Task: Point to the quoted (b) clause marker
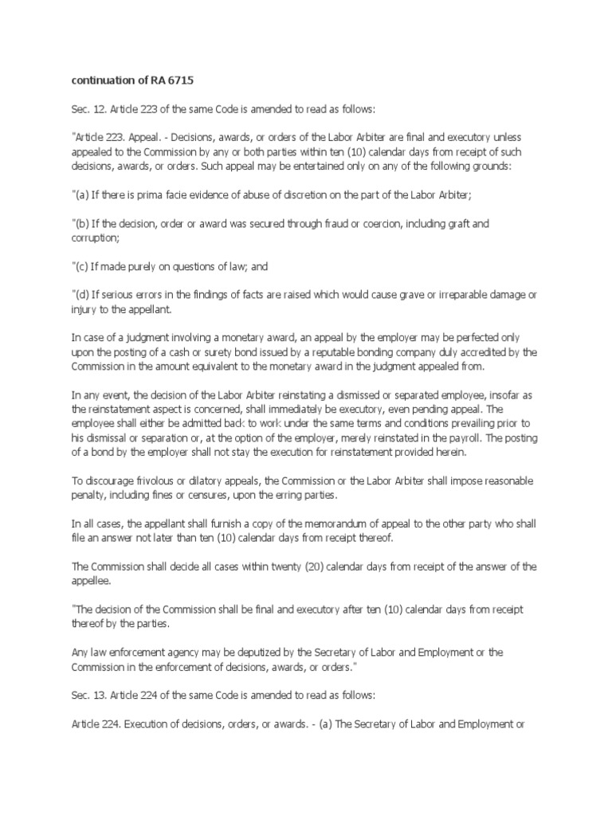click(82, 223)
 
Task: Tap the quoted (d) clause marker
click(82, 295)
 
